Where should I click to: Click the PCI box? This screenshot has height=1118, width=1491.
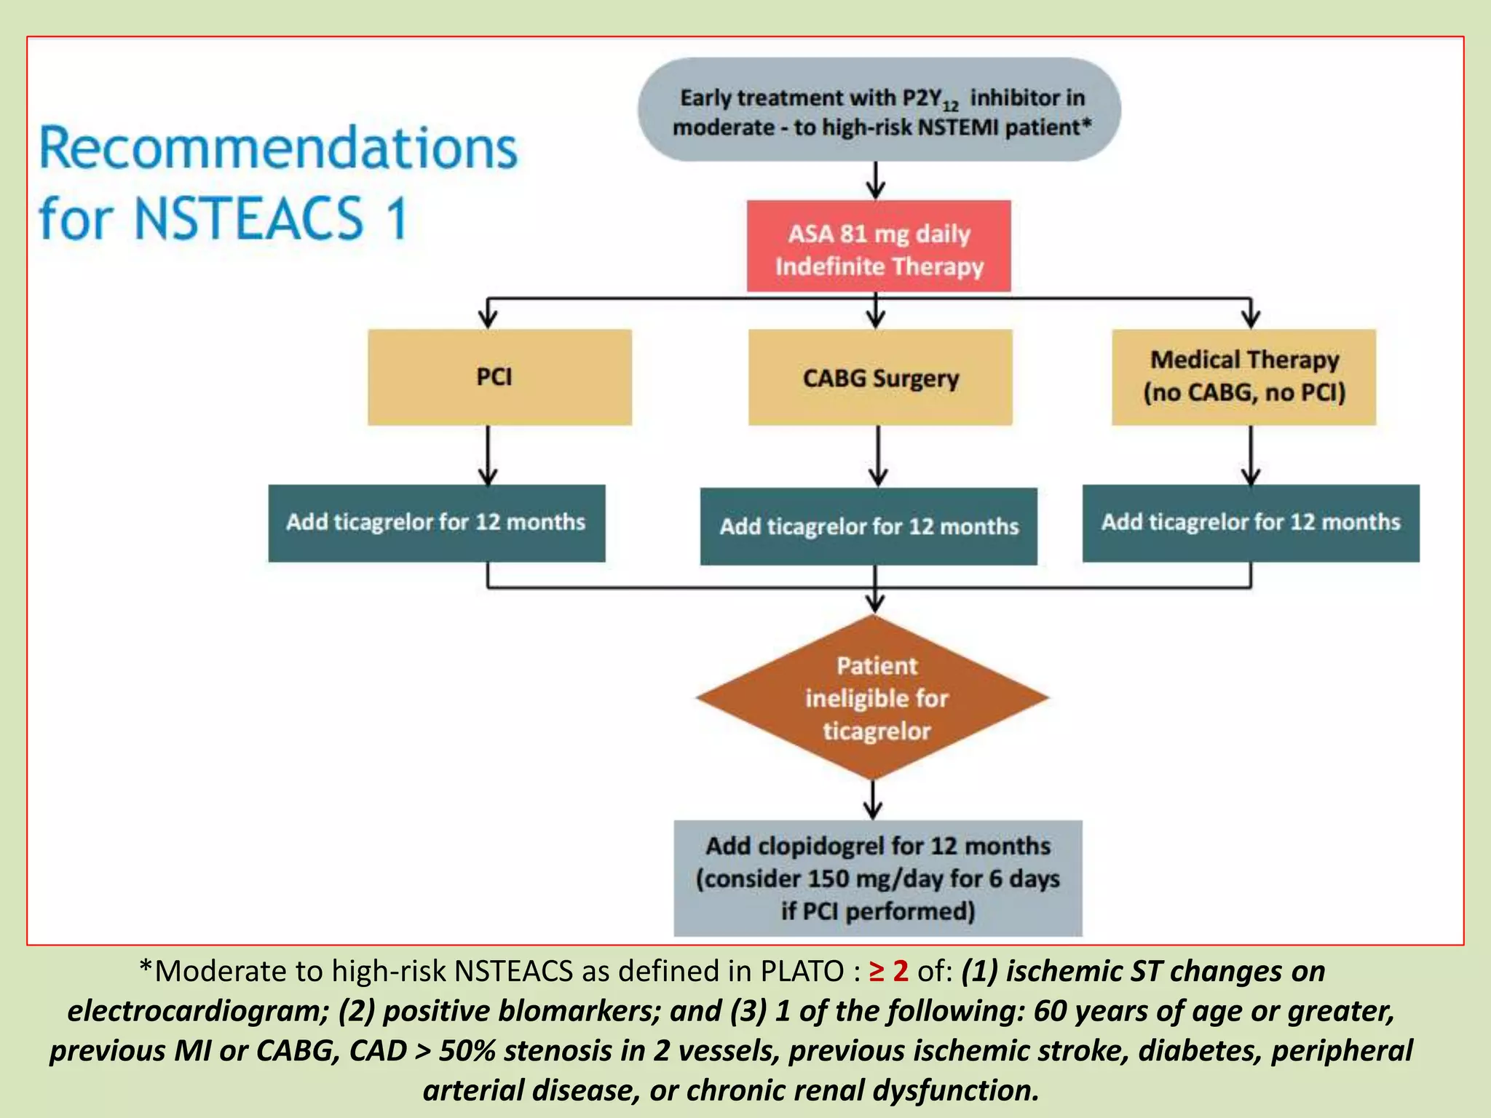[x=499, y=377]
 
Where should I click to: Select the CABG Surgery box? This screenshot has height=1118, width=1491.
[x=880, y=377]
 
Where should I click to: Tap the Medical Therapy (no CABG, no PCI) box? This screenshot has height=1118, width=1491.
[x=1243, y=377]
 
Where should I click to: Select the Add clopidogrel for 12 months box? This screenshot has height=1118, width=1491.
[x=878, y=878]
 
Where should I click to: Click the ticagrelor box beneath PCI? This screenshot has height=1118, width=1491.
[x=436, y=523]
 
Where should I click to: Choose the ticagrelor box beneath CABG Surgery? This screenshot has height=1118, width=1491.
[x=869, y=526]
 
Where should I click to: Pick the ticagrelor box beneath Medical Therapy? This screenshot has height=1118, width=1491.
[x=1250, y=523]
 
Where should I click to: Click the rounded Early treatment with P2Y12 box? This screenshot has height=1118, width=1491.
[x=879, y=111]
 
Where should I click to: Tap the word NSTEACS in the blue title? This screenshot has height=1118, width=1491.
[x=248, y=218]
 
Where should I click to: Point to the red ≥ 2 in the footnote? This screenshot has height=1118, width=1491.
[x=889, y=971]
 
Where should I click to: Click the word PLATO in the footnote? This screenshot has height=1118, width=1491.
[x=802, y=972]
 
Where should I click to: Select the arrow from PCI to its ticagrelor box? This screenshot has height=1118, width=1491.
[x=488, y=455]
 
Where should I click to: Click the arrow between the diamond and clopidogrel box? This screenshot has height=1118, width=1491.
[x=873, y=799]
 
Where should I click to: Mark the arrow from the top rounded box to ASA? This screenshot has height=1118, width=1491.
[x=876, y=180]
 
